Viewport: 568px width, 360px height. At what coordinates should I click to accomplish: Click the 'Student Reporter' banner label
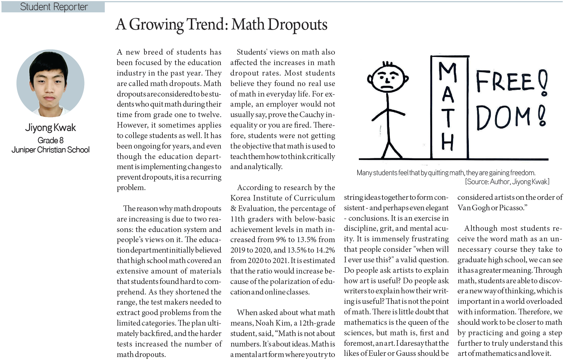(54, 7)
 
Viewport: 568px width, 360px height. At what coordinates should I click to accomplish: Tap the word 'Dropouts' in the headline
(297, 25)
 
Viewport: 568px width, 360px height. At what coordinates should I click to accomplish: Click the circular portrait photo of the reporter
(50, 83)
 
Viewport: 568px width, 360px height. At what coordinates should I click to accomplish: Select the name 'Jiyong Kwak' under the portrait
(51, 128)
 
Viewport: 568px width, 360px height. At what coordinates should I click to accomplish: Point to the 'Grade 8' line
(51, 140)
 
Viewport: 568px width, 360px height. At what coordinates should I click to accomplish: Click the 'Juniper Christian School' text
(51, 150)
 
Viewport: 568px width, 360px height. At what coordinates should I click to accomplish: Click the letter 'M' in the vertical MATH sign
(448, 72)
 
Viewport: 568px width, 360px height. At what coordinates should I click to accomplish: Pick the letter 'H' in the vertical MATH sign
(448, 142)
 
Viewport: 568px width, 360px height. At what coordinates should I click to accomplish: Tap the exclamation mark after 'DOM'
(542, 116)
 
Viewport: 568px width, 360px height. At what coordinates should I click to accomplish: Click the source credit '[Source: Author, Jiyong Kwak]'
(507, 182)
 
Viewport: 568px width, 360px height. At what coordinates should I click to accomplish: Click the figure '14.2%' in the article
(325, 250)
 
